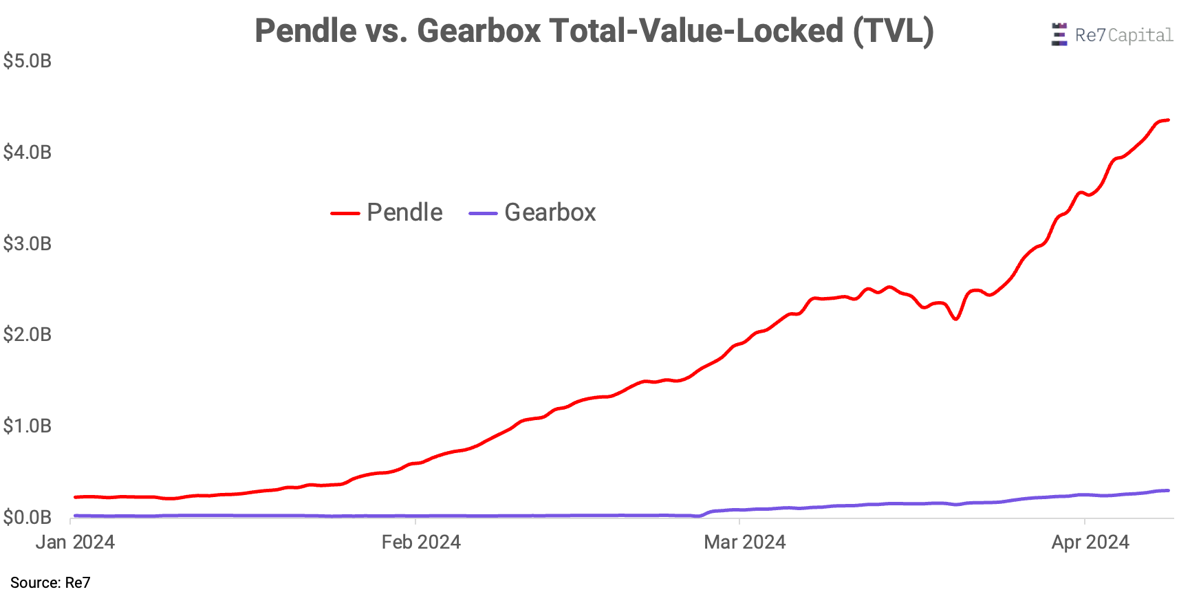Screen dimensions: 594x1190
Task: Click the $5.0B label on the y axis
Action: (x=28, y=61)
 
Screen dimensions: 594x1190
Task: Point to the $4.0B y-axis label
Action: (x=28, y=152)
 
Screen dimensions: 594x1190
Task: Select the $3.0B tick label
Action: (x=28, y=243)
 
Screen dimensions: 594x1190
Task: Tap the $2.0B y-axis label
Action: (x=28, y=334)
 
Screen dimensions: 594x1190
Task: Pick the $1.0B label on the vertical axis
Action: (x=28, y=426)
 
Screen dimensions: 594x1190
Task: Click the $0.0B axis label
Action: (x=28, y=516)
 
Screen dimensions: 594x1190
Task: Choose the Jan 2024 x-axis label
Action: (x=75, y=542)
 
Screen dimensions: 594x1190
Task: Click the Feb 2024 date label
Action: (x=421, y=542)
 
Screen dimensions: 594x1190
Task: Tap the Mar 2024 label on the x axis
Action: (x=744, y=542)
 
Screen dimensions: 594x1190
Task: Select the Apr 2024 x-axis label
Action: (x=1090, y=542)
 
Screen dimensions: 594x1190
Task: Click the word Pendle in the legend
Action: (x=404, y=212)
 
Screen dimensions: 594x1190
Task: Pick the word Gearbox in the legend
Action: (x=550, y=212)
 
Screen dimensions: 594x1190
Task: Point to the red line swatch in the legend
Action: (x=345, y=213)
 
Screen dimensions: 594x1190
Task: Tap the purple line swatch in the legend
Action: (x=483, y=213)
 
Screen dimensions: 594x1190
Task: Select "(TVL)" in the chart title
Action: (x=893, y=31)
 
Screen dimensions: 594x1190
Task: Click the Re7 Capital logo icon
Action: (x=1059, y=34)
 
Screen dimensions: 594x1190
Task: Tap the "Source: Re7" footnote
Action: (x=50, y=583)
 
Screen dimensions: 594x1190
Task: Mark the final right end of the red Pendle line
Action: (x=1168, y=120)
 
